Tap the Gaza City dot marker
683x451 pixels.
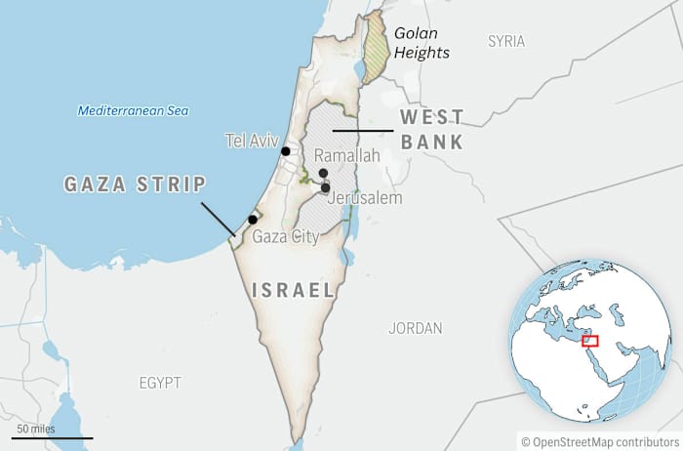tap(253, 220)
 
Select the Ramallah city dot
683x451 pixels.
tap(323, 173)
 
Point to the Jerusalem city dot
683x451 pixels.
tap(326, 187)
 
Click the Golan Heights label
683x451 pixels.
tap(422, 43)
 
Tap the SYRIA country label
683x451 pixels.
tap(506, 41)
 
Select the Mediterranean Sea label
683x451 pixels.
tap(134, 110)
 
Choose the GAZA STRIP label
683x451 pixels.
tap(135, 184)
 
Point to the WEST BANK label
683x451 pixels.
tap(431, 129)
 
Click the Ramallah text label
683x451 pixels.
tap(347, 156)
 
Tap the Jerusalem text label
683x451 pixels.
tap(365, 198)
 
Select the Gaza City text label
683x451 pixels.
tap(285, 236)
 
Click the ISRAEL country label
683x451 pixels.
tap(294, 290)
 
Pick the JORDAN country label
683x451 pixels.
tap(415, 328)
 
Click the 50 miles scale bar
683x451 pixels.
tap(39, 436)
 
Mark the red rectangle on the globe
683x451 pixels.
tap(589, 341)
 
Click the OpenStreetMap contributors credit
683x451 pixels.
tap(596, 441)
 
